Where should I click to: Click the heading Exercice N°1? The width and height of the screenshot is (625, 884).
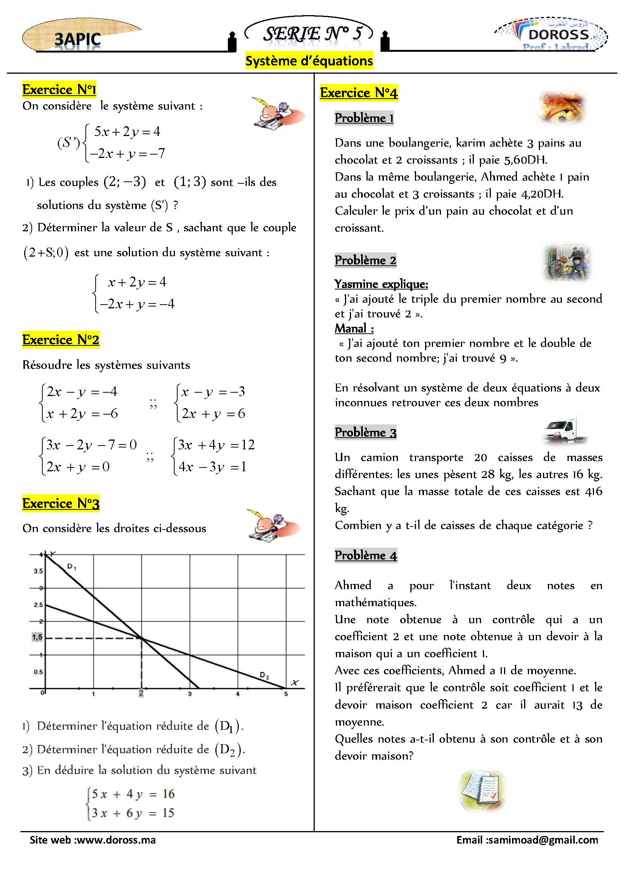point(59,90)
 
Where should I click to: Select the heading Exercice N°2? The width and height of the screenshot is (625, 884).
point(61,340)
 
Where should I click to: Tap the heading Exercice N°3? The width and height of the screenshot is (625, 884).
point(61,503)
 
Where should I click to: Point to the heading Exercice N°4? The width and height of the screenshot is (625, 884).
point(359,93)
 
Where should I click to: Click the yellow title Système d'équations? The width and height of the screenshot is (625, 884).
point(309,61)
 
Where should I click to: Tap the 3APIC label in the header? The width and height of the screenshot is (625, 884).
point(77,39)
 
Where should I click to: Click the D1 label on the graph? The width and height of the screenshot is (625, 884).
point(71,567)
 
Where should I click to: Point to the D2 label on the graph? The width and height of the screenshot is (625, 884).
point(265,675)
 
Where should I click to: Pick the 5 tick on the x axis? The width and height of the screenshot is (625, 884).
point(286,694)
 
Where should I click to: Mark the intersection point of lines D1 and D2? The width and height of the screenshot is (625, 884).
point(142,638)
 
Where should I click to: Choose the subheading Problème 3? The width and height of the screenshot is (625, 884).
point(365,432)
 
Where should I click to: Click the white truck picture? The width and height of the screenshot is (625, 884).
point(565,429)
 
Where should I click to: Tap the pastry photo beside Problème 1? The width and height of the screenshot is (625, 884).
point(562,108)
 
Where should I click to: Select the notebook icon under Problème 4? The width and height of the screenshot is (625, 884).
point(482,791)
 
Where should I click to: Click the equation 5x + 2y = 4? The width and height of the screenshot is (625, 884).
point(127,132)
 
